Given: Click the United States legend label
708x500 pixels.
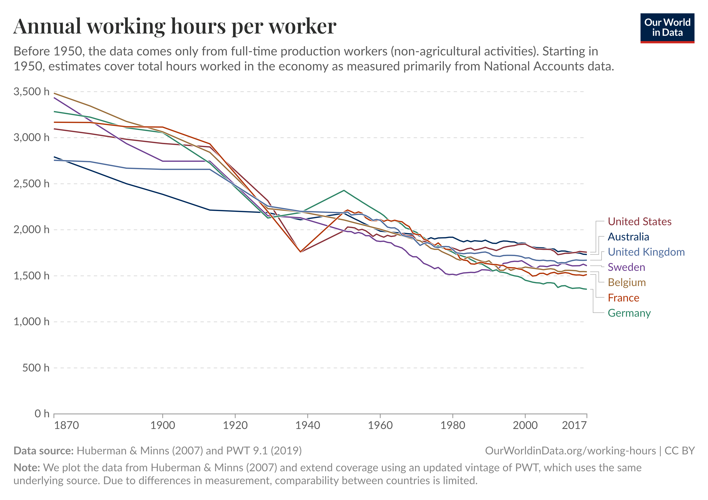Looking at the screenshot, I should click(x=639, y=221).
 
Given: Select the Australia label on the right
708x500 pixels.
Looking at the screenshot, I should click(x=628, y=237).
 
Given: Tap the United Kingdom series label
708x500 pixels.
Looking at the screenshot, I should click(x=646, y=252).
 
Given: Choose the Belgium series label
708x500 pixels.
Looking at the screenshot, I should click(x=627, y=282).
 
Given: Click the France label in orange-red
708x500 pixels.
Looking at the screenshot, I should click(x=623, y=298).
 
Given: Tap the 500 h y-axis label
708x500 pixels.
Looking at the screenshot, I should click(x=35, y=368).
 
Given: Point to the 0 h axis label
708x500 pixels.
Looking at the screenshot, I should click(x=42, y=414).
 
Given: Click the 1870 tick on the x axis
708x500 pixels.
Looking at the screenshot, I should click(x=66, y=425).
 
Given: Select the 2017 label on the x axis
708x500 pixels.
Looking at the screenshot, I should click(x=574, y=425).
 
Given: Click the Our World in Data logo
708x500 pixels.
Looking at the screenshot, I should click(x=667, y=28).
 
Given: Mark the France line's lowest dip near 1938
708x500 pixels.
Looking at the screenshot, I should click(x=300, y=252).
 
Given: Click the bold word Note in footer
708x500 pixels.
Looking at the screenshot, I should click(x=26, y=468).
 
